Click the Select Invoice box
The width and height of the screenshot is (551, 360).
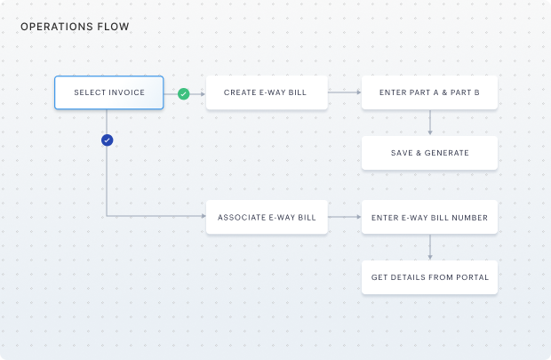(108, 92)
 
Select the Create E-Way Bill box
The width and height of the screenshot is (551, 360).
(267, 92)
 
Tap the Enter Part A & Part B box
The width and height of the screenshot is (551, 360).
(429, 92)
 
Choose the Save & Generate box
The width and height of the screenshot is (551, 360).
(429, 153)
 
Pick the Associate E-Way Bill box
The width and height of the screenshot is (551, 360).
(267, 216)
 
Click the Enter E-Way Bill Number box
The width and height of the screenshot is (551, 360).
(429, 216)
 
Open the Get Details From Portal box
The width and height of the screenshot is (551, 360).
(429, 277)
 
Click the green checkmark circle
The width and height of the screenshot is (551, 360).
(183, 93)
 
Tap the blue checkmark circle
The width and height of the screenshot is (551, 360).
(108, 140)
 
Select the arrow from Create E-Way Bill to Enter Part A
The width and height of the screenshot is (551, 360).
(344, 92)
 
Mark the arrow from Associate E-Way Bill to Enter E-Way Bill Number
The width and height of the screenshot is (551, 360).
(344, 216)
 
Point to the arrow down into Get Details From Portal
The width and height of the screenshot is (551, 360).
(429, 246)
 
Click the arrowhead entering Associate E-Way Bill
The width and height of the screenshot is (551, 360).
(203, 216)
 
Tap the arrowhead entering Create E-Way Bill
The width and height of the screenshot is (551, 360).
(203, 93)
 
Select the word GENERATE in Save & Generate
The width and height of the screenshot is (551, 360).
(446, 153)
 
